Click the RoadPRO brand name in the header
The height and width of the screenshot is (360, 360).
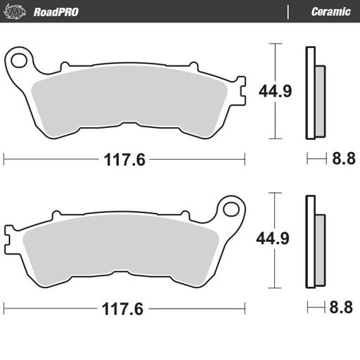pyautogui.click(x=56, y=12)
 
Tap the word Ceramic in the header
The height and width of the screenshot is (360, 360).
pyautogui.click(x=331, y=12)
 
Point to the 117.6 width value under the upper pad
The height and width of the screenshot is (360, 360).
pyautogui.click(x=124, y=160)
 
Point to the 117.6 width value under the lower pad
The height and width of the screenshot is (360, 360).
pyautogui.click(x=124, y=308)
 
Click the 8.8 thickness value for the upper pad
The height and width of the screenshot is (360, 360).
pyautogui.click(x=343, y=160)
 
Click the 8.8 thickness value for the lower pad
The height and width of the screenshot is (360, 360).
pyautogui.click(x=343, y=308)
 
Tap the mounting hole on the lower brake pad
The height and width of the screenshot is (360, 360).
pyautogui.click(x=230, y=207)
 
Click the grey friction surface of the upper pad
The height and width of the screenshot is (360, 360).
pyautogui.click(x=134, y=98)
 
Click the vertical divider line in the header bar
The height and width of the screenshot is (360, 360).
pyautogui.click(x=289, y=12)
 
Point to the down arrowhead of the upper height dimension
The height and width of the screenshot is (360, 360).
pyautogui.click(x=274, y=136)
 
